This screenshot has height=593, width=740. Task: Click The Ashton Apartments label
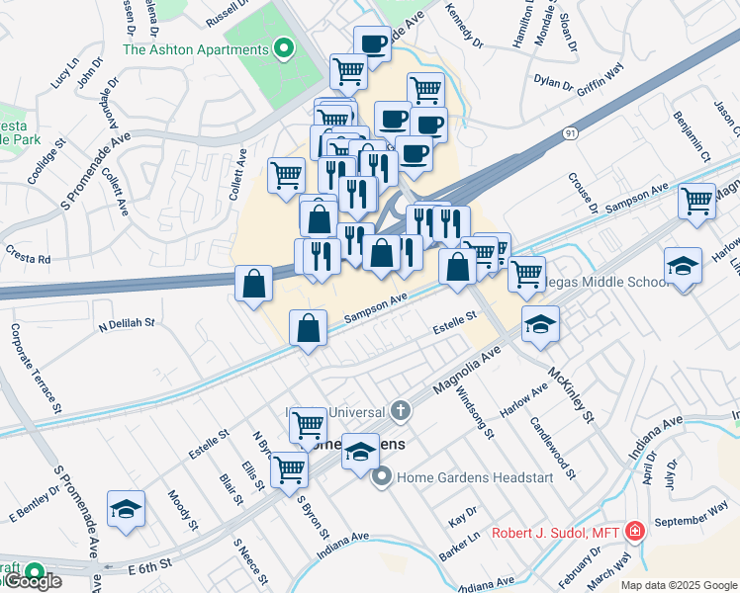(195, 49)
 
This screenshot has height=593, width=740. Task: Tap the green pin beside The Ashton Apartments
(285, 47)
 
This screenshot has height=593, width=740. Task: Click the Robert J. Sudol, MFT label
(555, 534)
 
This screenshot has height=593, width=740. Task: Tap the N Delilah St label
(127, 322)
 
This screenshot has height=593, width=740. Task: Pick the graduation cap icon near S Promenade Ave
(126, 509)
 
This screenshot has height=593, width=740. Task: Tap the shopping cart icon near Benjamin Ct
(697, 201)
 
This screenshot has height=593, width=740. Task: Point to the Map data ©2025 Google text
(679, 585)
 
